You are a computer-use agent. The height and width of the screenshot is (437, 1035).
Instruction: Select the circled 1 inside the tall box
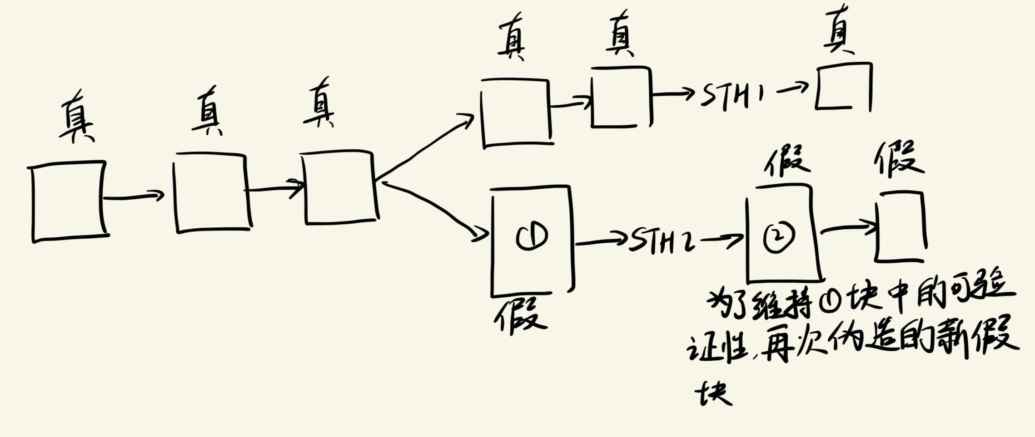(x=532, y=236)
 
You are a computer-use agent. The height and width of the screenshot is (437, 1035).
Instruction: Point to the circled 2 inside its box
(x=779, y=237)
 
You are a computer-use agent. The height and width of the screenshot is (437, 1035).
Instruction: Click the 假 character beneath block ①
(x=521, y=315)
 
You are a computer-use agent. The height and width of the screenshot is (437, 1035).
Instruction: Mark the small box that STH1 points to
(x=843, y=87)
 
